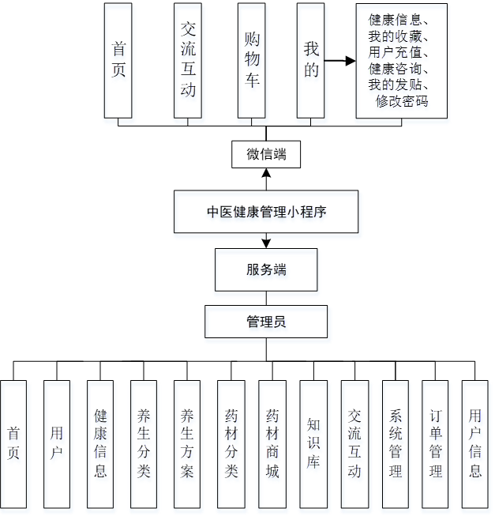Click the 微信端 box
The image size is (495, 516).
[266, 155]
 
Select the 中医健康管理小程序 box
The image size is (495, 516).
[266, 212]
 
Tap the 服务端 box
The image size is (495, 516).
[266, 269]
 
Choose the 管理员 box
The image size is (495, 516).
[266, 322]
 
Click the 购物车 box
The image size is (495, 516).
[252, 60]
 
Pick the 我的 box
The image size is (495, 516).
[311, 60]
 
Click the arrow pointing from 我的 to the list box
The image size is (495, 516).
[339, 60]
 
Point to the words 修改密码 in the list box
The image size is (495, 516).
[402, 101]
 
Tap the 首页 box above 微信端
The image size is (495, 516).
[118, 60]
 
